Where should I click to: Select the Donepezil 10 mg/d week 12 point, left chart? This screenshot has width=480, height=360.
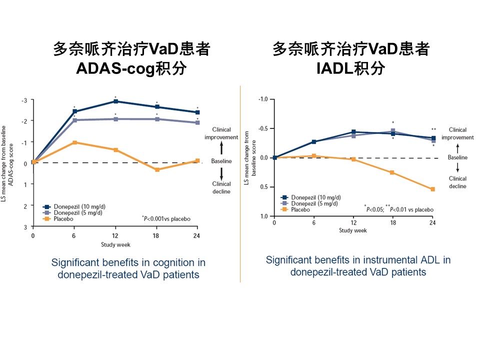[x=115, y=101]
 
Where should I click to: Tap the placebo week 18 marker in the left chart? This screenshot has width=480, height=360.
[x=157, y=169]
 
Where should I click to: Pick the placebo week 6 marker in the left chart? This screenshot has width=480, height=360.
[x=74, y=142]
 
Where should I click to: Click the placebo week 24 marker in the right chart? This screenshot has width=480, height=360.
[x=432, y=189]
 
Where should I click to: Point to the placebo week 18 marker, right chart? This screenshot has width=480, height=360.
[x=392, y=172]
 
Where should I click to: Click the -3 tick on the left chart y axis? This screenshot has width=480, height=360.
[x=24, y=101]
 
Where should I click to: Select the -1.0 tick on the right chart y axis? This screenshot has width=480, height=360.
[x=262, y=99]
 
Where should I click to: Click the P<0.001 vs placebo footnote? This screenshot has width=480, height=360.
[x=166, y=218]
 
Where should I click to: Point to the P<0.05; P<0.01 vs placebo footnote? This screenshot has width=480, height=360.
[x=398, y=209]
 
